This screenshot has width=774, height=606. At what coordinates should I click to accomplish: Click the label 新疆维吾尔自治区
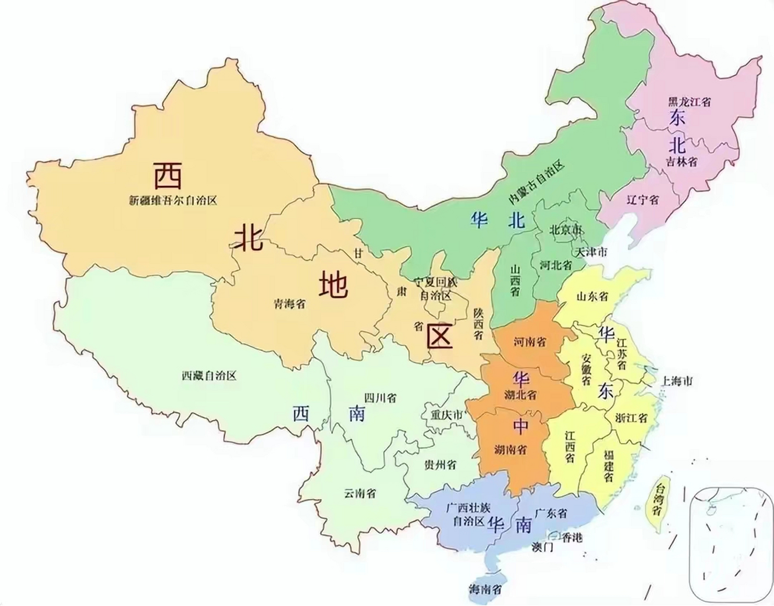(x=172, y=201)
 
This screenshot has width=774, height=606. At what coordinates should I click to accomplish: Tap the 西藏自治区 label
(x=209, y=376)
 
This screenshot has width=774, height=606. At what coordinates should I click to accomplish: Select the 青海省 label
(x=290, y=303)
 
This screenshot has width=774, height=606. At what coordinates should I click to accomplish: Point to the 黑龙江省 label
(x=689, y=102)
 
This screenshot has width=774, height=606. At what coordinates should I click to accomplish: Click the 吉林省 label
(x=681, y=162)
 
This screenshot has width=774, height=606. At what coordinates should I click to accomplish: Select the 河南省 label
(x=530, y=342)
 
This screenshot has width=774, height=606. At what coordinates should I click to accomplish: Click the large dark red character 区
(x=440, y=336)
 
